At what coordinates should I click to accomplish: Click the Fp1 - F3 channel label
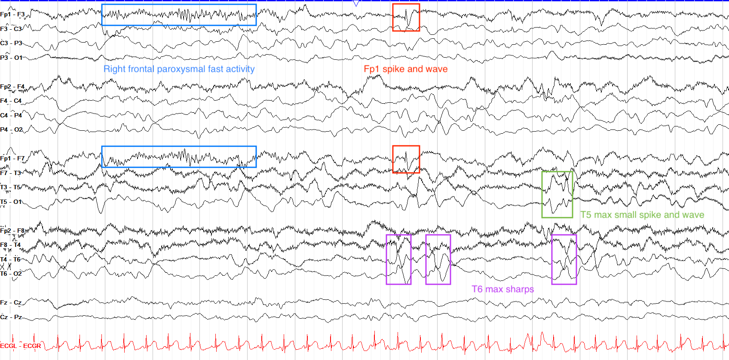[x=12, y=15]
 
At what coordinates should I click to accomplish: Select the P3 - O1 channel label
[x=11, y=58]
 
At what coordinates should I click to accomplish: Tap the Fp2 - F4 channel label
[x=12, y=86]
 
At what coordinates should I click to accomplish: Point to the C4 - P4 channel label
[x=11, y=115]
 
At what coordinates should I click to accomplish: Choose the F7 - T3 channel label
[x=10, y=173]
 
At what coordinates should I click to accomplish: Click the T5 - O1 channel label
[x=11, y=202]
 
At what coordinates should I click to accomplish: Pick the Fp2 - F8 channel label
[x=12, y=231]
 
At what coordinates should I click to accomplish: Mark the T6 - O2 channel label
[x=11, y=274]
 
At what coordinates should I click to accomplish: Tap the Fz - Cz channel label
[x=11, y=303]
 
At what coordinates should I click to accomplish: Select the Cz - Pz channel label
[x=11, y=317]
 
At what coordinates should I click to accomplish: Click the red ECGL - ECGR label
[x=21, y=346]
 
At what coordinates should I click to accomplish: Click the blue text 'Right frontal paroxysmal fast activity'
[x=179, y=69]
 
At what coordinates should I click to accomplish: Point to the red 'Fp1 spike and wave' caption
[x=405, y=69]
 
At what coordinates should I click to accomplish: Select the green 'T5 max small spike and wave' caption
[x=642, y=215]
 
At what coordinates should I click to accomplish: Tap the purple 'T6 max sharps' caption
[x=503, y=289]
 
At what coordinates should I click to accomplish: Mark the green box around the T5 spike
[x=542, y=194]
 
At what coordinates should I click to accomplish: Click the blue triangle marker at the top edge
[x=356, y=3]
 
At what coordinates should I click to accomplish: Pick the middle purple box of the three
[x=426, y=260]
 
